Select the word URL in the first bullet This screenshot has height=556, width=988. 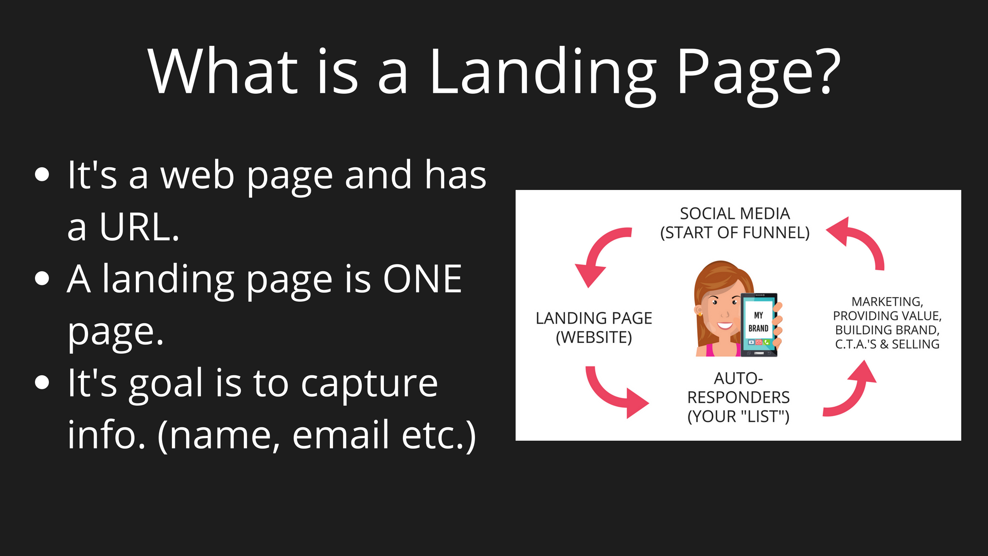(139, 227)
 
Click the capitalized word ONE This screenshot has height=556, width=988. (422, 279)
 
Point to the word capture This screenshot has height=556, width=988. (369, 385)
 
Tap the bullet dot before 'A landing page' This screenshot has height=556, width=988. (42, 279)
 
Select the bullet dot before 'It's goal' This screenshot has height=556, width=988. (42, 383)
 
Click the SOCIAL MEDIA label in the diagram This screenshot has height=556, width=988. (735, 214)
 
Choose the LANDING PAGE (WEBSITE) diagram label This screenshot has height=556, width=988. (594, 327)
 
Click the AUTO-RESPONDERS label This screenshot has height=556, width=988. (738, 397)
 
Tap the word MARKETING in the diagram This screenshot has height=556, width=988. (886, 302)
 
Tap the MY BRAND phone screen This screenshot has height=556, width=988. (758, 322)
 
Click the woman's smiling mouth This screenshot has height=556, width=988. (725, 325)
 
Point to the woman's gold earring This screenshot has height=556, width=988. (700, 314)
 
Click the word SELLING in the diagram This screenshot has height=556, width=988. (915, 344)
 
